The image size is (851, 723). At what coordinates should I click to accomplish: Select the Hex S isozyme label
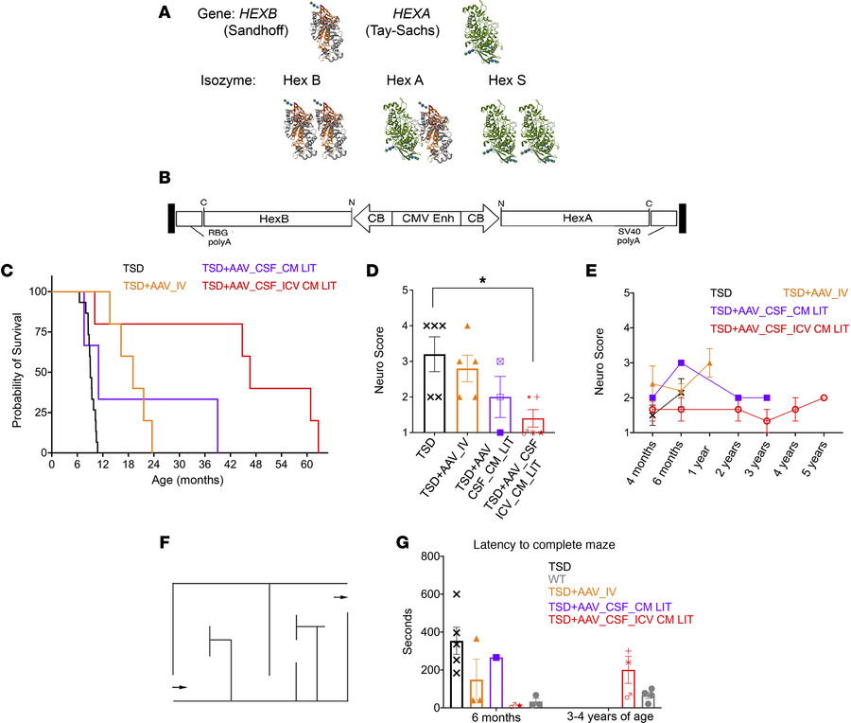(509, 79)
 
